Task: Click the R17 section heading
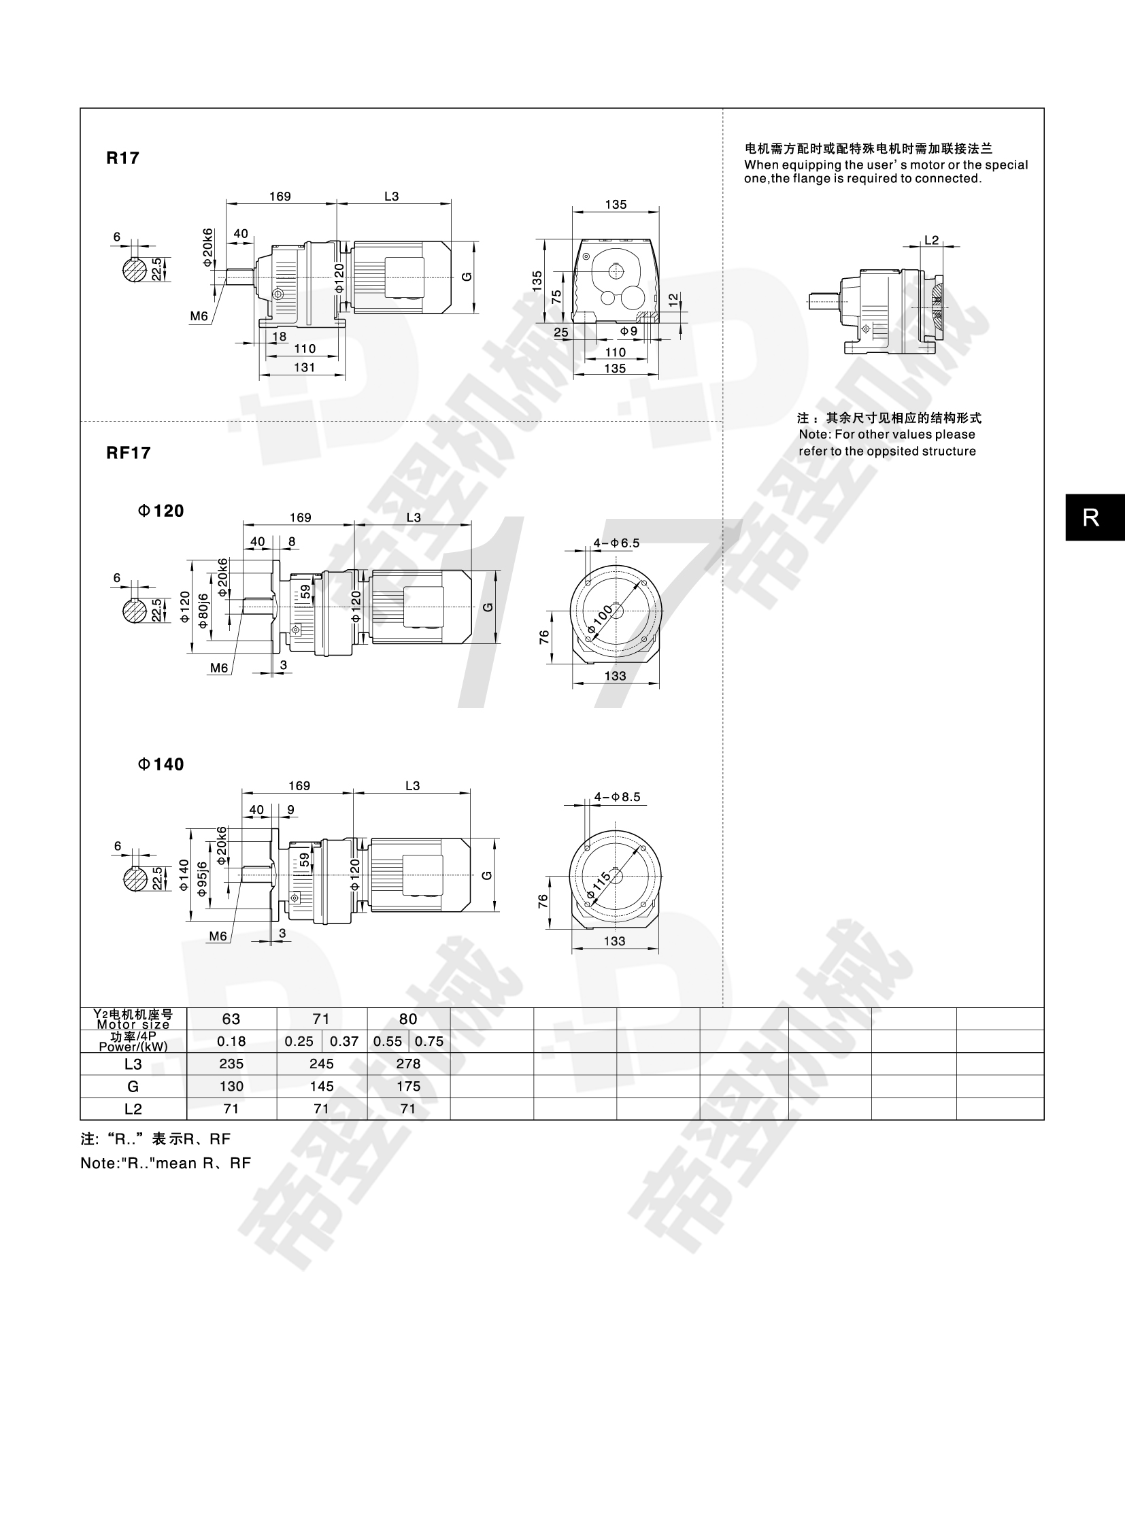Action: click(x=122, y=158)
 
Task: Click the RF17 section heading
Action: click(x=129, y=453)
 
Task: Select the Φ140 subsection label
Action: click(x=161, y=764)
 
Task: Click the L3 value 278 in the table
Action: click(x=409, y=1064)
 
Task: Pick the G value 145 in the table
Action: click(x=322, y=1086)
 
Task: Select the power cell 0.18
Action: click(x=231, y=1041)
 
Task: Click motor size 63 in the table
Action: click(x=231, y=1019)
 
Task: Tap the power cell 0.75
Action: click(x=429, y=1041)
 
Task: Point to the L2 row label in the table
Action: click(x=133, y=1108)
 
